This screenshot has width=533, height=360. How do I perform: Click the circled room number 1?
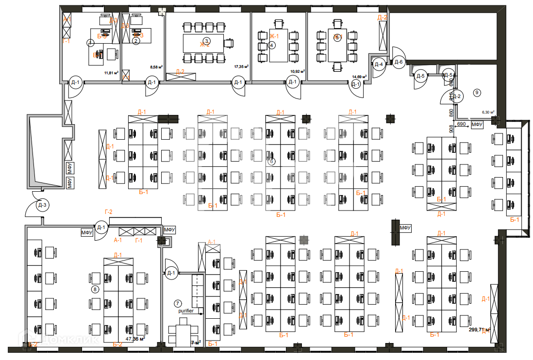point(90,43)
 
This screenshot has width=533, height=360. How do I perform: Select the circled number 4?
point(271,46)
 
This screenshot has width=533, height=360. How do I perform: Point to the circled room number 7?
point(178,303)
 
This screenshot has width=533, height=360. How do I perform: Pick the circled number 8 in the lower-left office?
point(95,289)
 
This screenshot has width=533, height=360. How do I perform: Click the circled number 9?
point(477,92)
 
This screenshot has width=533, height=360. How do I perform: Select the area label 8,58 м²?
point(156,68)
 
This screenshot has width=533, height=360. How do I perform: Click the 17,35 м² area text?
point(241,66)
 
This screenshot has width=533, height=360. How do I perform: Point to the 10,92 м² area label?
point(297,71)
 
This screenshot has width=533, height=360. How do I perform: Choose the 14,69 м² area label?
point(360,77)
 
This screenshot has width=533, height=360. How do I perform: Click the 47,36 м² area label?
point(135,339)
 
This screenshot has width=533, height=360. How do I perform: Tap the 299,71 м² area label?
point(479,329)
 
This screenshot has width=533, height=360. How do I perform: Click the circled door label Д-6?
point(399,62)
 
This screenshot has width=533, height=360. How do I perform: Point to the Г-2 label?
point(108,212)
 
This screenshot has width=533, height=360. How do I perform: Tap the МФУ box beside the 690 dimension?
point(477,125)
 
